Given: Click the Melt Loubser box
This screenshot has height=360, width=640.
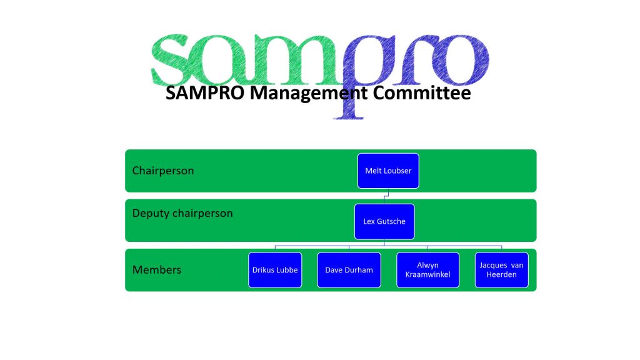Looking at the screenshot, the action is [388, 171].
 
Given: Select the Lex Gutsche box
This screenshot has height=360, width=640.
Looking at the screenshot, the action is [384, 221].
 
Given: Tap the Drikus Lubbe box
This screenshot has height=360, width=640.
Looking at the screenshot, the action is [275, 270].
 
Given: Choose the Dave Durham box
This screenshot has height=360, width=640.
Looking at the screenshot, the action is [349, 270].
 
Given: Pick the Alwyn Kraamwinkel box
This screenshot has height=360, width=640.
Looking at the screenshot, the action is [427, 270].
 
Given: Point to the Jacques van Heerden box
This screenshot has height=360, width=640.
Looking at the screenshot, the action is [502, 270].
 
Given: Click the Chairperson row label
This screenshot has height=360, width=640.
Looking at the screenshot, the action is [163, 171].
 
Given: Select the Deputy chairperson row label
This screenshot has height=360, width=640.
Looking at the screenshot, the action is [182, 213].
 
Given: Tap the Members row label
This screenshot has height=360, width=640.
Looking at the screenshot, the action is [157, 270].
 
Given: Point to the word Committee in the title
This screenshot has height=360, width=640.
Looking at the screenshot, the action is [422, 92].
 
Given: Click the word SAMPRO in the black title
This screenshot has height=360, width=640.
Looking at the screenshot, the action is [205, 92].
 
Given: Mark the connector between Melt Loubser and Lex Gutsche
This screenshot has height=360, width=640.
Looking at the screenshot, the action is [386, 196].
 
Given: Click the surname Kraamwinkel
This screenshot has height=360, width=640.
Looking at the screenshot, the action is [427, 275].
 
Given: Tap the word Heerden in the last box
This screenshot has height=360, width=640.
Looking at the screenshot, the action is [502, 275].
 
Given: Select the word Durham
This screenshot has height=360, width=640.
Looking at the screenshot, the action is [360, 270].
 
